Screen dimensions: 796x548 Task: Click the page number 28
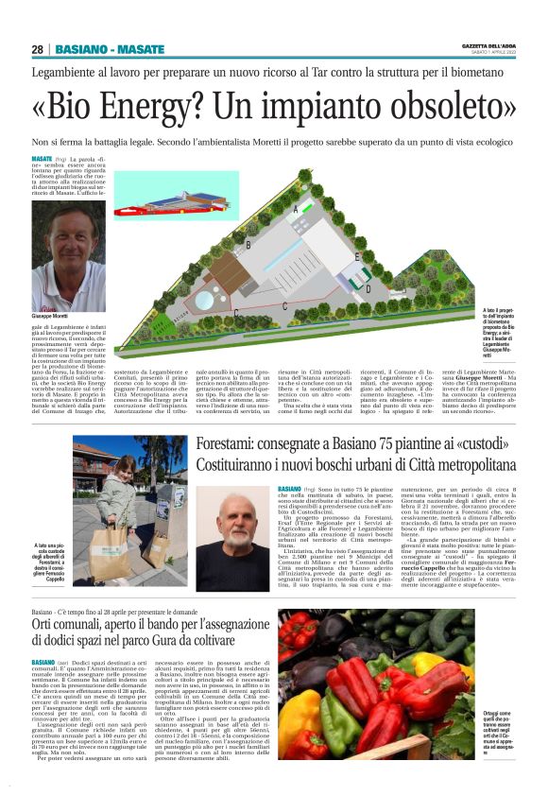(37, 49)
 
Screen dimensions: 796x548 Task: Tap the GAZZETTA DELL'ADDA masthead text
(488, 45)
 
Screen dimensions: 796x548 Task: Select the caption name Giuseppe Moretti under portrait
(54, 316)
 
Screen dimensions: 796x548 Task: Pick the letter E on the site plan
(356, 256)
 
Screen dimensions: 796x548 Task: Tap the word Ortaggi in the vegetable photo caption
(496, 713)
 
